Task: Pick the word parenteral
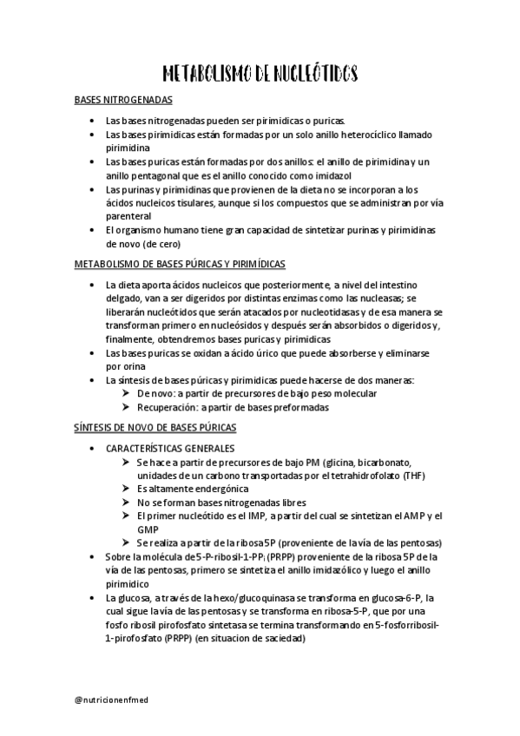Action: click(x=128, y=215)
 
